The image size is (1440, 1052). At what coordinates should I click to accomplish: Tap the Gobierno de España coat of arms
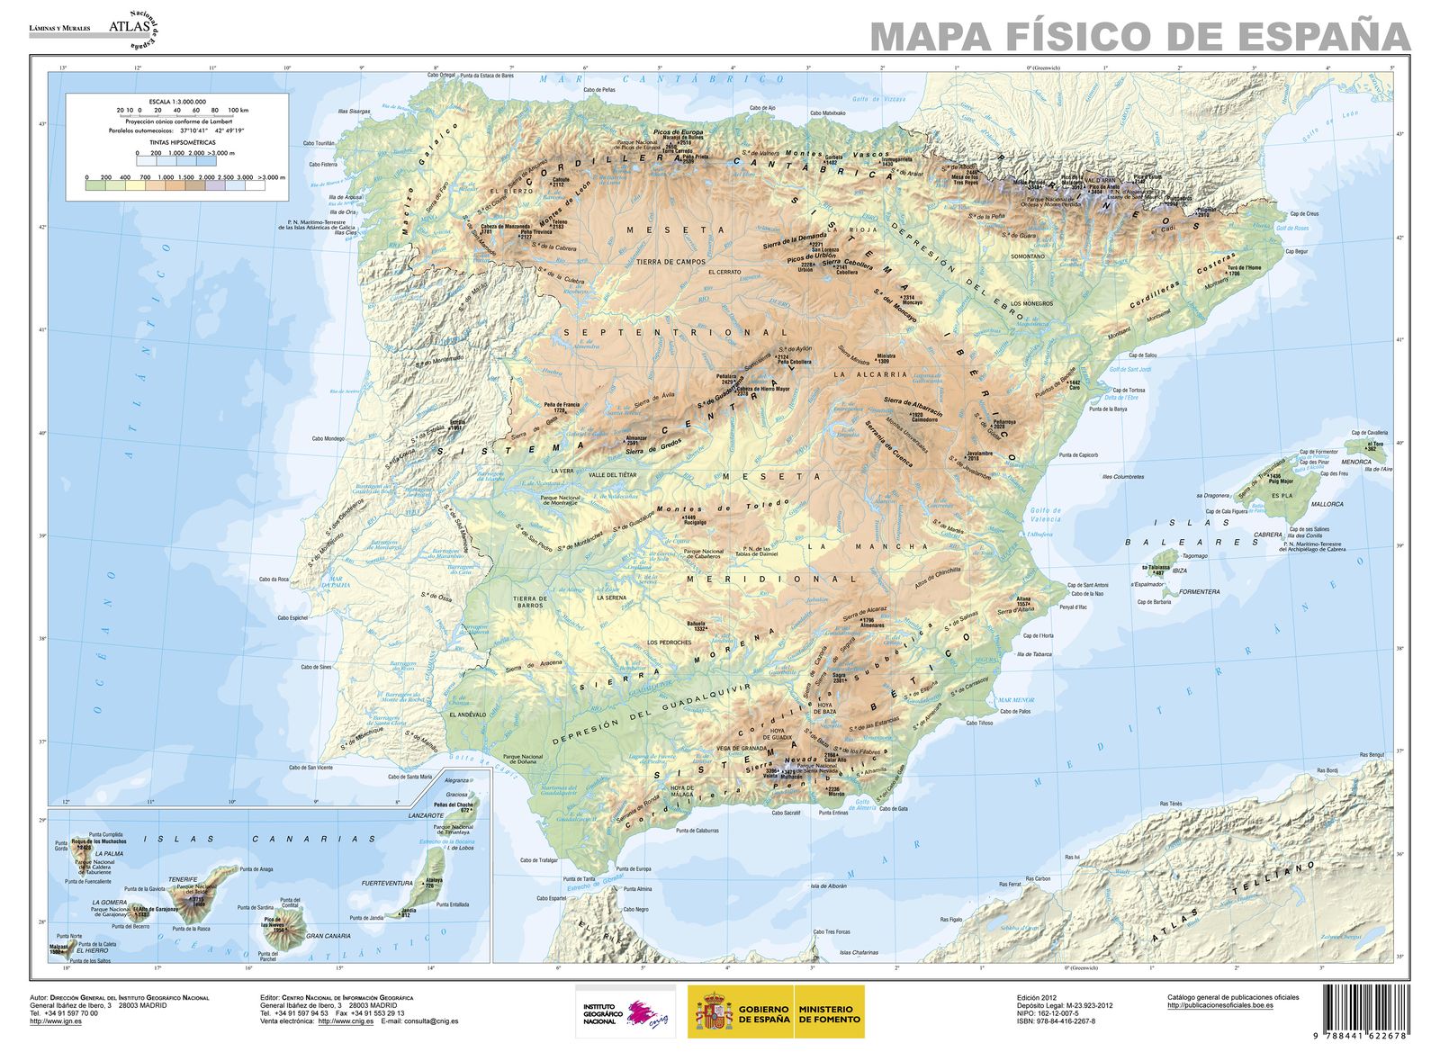(x=711, y=1012)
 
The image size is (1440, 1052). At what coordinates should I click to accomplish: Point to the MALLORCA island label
(x=1327, y=504)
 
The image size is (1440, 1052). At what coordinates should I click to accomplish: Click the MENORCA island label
(x=1356, y=462)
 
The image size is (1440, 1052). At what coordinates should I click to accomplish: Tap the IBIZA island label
(x=1179, y=571)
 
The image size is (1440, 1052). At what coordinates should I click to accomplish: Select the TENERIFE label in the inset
(x=183, y=879)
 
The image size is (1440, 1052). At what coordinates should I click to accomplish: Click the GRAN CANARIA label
(x=328, y=936)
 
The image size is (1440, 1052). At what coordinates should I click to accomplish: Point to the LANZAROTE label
(x=427, y=814)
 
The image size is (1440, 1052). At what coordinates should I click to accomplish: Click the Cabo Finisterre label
(x=322, y=165)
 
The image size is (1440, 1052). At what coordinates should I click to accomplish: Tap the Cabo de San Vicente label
(x=310, y=768)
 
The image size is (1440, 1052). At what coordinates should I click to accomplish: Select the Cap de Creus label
(x=1303, y=213)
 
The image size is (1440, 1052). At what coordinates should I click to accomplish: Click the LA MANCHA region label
(x=867, y=546)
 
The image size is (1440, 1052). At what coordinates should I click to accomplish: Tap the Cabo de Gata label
(x=893, y=808)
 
